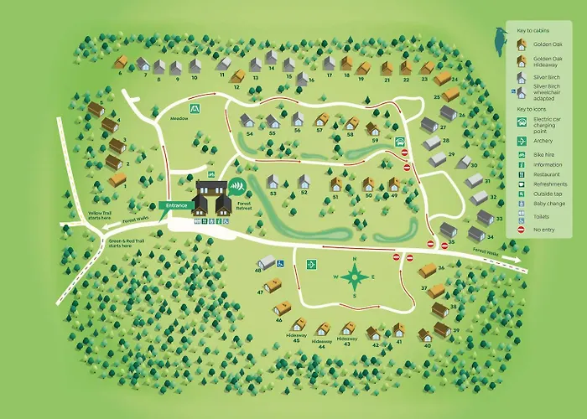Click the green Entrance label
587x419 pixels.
(177, 205)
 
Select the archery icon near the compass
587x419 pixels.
(310, 264)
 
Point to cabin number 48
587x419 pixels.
(267, 262)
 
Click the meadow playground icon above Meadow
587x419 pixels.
(195, 107)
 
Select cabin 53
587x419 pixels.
(272, 181)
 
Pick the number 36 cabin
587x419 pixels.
(428, 270)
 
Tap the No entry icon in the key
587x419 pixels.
(522, 228)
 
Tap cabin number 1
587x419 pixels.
(117, 179)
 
